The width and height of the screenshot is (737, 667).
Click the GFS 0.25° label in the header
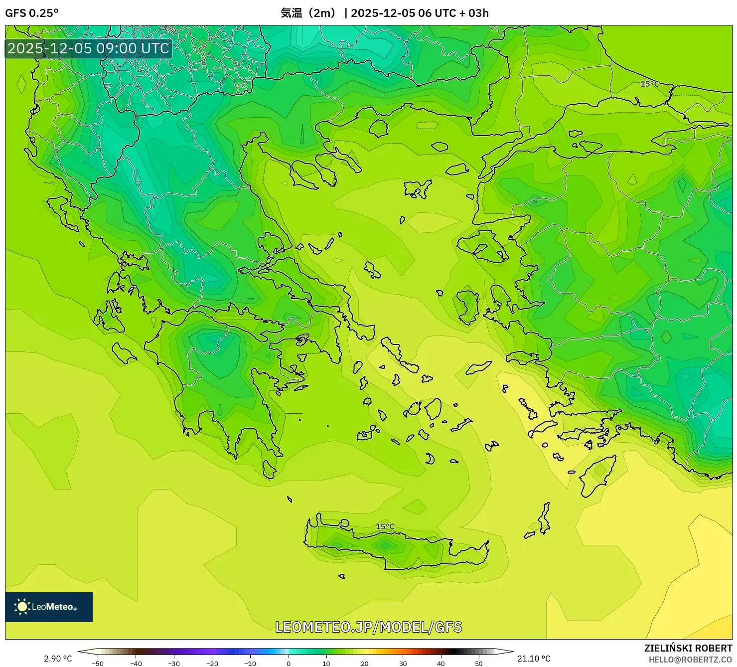click(31, 13)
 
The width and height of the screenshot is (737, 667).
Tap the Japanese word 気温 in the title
click(292, 13)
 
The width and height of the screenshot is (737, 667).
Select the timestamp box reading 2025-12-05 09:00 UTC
click(88, 48)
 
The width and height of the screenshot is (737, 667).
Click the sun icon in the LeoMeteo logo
click(22, 607)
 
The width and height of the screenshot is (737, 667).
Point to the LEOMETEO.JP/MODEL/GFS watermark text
click(369, 627)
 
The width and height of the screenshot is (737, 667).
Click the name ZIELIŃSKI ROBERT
click(688, 648)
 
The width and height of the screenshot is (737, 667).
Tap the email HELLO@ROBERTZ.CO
click(690, 660)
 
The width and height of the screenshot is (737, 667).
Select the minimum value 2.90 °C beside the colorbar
click(58, 659)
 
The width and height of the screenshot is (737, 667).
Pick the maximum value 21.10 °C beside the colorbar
click(534, 659)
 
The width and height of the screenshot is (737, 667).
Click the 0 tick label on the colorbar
click(289, 664)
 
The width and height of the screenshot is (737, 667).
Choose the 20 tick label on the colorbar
click(365, 664)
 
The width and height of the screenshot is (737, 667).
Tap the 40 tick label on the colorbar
click(441, 664)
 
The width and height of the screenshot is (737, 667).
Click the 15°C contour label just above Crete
click(385, 526)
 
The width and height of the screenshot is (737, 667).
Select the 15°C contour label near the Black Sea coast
click(649, 84)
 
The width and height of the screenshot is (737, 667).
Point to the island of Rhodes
click(598, 476)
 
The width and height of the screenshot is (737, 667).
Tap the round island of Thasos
click(379, 128)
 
